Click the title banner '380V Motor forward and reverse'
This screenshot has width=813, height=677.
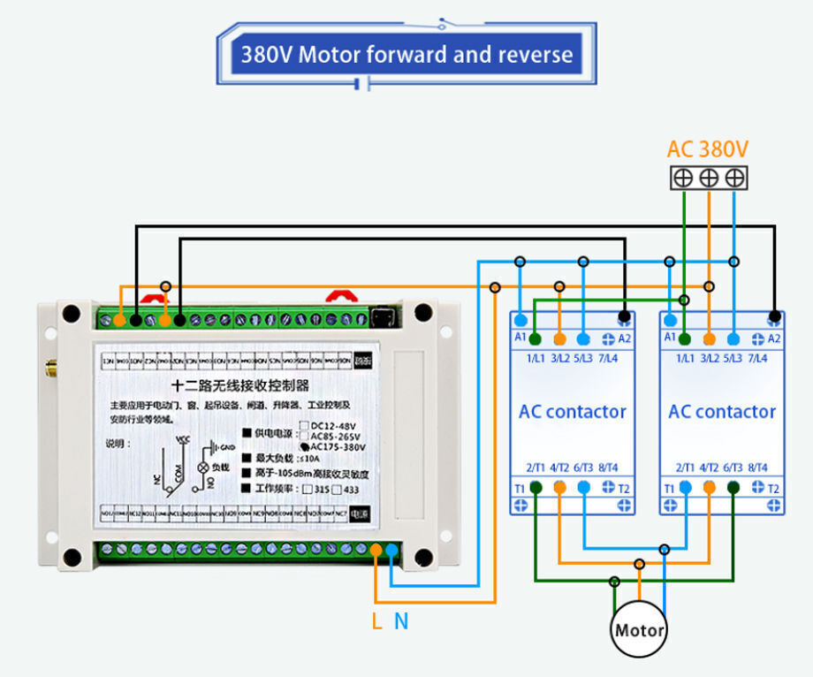click(x=406, y=55)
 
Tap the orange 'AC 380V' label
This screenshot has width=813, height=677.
click(x=707, y=149)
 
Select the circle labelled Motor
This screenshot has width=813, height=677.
click(x=640, y=631)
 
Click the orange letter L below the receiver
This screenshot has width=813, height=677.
click(x=377, y=621)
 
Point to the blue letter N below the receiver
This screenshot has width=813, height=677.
click(x=401, y=621)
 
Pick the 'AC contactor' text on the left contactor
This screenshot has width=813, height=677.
click(x=572, y=412)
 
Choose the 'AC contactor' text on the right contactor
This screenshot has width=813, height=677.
click(x=722, y=412)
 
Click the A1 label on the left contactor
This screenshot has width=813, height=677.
click(x=520, y=338)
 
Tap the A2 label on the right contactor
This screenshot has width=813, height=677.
click(x=775, y=338)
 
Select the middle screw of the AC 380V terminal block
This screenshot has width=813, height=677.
click(x=709, y=178)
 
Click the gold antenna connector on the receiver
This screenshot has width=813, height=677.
click(x=52, y=366)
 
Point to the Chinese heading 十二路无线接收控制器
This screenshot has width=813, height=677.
click(x=239, y=385)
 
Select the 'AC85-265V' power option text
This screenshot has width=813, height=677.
click(x=339, y=436)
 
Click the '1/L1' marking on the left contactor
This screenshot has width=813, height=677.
click(x=536, y=359)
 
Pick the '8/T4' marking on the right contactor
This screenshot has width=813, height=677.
click(x=757, y=468)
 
